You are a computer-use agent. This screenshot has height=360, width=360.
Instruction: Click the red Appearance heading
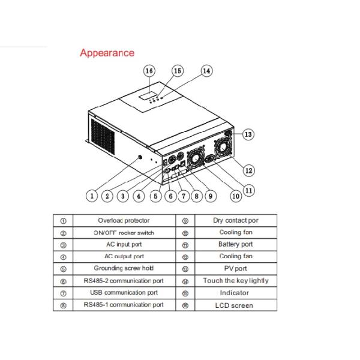click(x=107, y=53)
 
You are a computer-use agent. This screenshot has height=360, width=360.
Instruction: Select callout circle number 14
click(x=206, y=71)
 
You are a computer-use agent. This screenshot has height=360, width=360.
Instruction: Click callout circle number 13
click(x=247, y=134)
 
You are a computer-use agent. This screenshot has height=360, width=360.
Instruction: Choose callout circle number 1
click(x=92, y=195)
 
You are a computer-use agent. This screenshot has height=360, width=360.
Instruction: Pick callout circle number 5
click(x=155, y=195)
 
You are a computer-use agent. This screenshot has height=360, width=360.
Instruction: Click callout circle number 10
click(x=235, y=195)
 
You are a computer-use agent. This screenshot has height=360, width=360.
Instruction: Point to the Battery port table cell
click(x=236, y=244)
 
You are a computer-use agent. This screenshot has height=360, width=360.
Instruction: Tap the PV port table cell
click(x=236, y=269)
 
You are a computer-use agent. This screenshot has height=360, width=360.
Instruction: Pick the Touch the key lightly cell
click(x=236, y=281)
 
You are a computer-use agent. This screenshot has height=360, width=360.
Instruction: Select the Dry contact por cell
click(x=236, y=220)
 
